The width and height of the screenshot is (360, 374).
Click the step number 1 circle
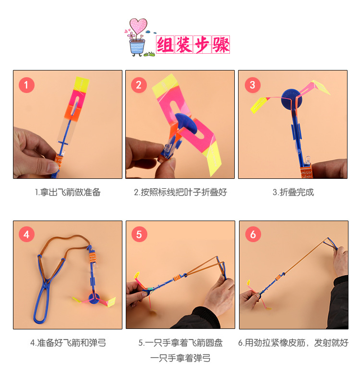[26, 86]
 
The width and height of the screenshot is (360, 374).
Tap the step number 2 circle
[139, 86]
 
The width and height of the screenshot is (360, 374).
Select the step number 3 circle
[252, 86]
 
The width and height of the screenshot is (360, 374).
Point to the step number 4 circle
[26, 234]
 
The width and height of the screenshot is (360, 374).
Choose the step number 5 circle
[139, 234]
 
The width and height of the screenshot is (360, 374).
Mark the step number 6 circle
[252, 234]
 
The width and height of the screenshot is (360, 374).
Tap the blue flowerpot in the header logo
[137, 47]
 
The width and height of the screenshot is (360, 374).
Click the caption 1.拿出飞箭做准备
[68, 192]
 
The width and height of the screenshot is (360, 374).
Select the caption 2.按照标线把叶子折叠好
[180, 192]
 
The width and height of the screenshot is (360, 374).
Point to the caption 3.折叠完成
[293, 192]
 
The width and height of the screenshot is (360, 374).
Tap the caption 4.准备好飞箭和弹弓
[68, 343]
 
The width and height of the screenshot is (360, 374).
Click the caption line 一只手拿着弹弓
[180, 358]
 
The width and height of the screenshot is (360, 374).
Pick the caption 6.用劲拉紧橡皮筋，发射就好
[293, 343]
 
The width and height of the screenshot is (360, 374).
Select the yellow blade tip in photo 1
[82, 83]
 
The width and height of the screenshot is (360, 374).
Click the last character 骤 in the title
[220, 45]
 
